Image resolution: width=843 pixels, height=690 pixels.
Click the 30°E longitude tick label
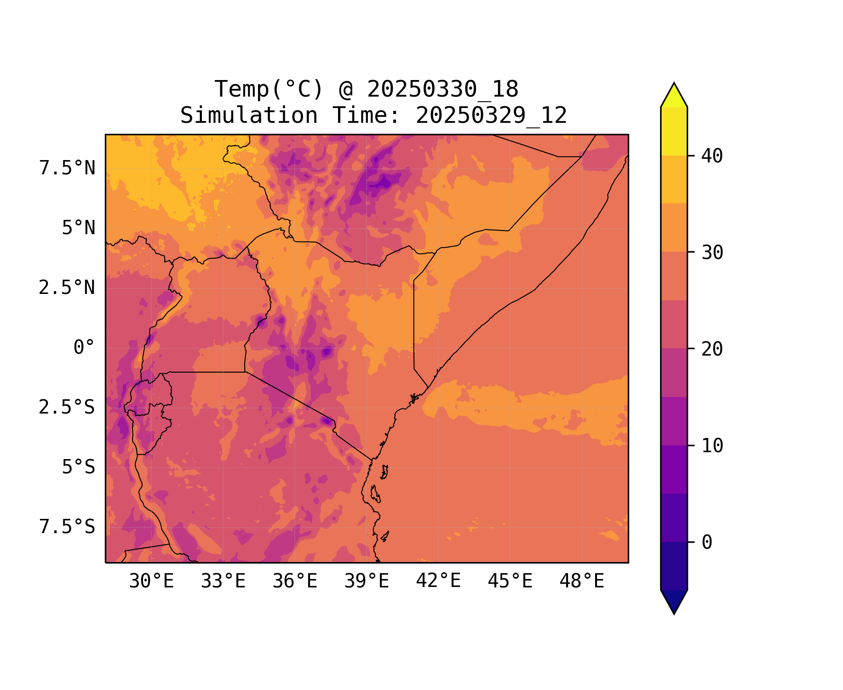[151, 581]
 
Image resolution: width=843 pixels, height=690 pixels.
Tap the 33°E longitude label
[223, 581]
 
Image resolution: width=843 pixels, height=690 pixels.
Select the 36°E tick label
[295, 581]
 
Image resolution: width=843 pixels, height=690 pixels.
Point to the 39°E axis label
[367, 581]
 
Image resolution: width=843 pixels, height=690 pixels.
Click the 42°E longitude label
[438, 581]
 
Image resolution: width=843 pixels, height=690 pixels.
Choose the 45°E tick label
[510, 581]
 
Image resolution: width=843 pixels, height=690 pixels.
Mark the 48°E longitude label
[582, 581]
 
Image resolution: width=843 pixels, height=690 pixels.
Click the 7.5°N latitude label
[67, 168]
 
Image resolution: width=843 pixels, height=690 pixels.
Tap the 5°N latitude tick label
[79, 228]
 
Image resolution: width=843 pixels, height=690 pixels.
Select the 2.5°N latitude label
[67, 288]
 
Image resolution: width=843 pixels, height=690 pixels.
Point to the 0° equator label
[84, 348]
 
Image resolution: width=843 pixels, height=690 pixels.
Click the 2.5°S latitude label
[67, 408]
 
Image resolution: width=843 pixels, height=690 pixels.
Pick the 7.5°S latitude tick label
[67, 527]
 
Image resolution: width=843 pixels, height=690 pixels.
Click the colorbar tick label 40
[712, 156]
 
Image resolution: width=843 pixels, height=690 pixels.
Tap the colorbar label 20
[712, 349]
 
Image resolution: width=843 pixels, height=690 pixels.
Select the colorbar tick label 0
[707, 543]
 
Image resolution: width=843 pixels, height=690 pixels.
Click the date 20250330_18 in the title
[442, 89]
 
